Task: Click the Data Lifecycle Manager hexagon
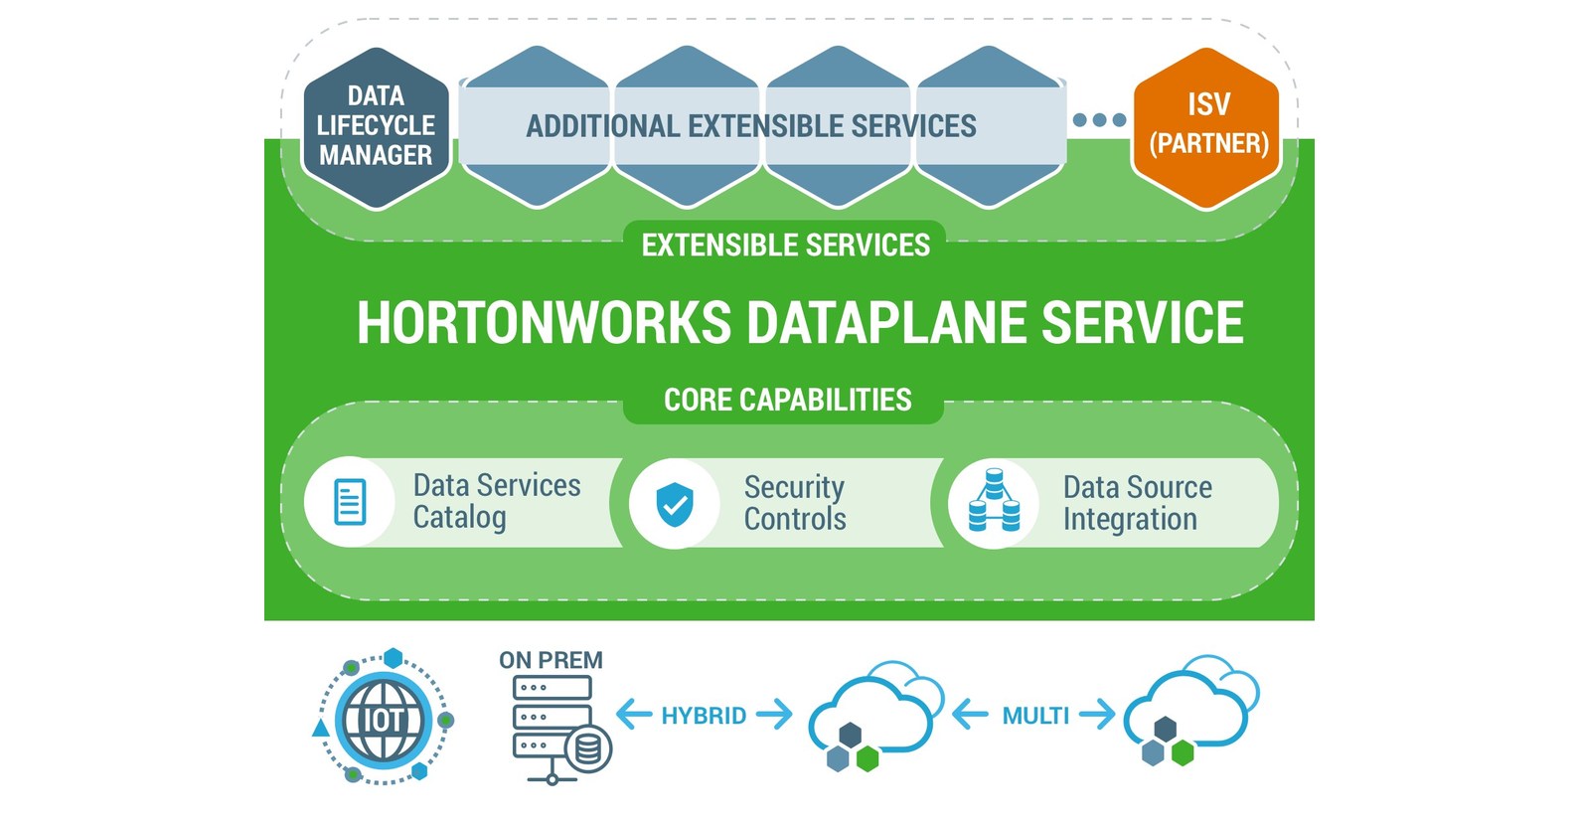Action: (x=376, y=127)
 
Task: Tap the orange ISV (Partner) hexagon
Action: (x=1207, y=127)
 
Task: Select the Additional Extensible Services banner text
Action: (x=750, y=126)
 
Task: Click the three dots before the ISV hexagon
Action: (x=1099, y=120)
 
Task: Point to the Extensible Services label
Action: (x=785, y=246)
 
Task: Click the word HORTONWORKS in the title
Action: (x=544, y=323)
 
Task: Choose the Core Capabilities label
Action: (x=787, y=401)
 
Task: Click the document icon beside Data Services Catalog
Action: (x=350, y=502)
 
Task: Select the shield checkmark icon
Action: (x=675, y=504)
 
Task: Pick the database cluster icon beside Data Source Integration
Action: (x=994, y=501)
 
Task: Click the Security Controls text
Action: (x=795, y=503)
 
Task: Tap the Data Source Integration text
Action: (x=1137, y=503)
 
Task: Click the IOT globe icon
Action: (x=383, y=720)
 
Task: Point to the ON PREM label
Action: (x=551, y=660)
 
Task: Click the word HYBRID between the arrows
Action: (x=704, y=716)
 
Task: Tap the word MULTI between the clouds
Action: (x=1035, y=716)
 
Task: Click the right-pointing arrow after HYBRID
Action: (x=774, y=714)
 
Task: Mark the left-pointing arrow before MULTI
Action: (x=970, y=715)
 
